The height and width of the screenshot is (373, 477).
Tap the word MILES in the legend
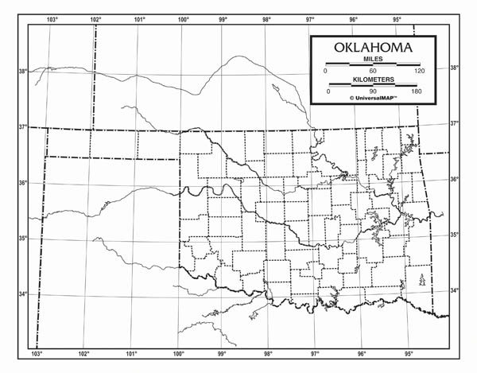tap(372, 60)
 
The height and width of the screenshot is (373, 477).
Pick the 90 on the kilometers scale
tap(372, 91)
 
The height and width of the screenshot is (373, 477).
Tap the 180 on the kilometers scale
tap(416, 91)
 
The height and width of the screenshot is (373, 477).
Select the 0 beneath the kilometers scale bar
tap(328, 91)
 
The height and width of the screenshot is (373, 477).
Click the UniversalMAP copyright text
tap(373, 99)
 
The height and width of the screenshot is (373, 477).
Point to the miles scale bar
tap(372, 65)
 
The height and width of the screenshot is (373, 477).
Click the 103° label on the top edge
tap(53, 18)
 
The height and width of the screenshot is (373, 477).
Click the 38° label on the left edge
tap(22, 72)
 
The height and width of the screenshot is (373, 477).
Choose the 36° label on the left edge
tap(22, 183)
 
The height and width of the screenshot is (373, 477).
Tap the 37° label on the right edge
tap(454, 123)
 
